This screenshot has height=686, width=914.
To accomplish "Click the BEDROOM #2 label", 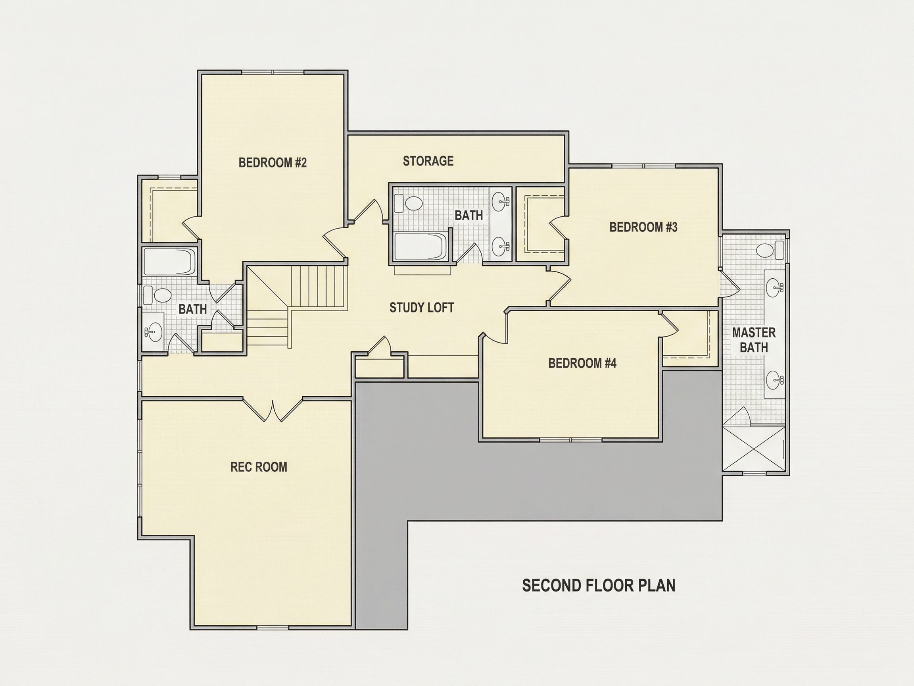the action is click(273, 162).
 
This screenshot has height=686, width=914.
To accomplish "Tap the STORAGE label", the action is click(428, 161).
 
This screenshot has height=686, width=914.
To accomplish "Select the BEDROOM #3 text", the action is click(643, 227).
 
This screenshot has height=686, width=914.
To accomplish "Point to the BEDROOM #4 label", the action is click(582, 363).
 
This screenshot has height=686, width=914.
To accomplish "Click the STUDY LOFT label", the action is click(422, 308).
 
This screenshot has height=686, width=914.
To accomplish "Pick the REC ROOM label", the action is click(259, 467).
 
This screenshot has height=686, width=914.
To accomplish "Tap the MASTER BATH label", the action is click(754, 340).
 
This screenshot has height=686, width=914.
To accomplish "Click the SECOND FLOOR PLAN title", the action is click(599, 586).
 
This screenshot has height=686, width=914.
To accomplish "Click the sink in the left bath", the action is click(155, 331).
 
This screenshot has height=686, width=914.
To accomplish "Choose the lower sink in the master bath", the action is click(774, 379).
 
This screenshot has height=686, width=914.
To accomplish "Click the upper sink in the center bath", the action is click(501, 201).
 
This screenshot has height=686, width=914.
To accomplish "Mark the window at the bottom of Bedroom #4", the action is click(570, 439).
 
